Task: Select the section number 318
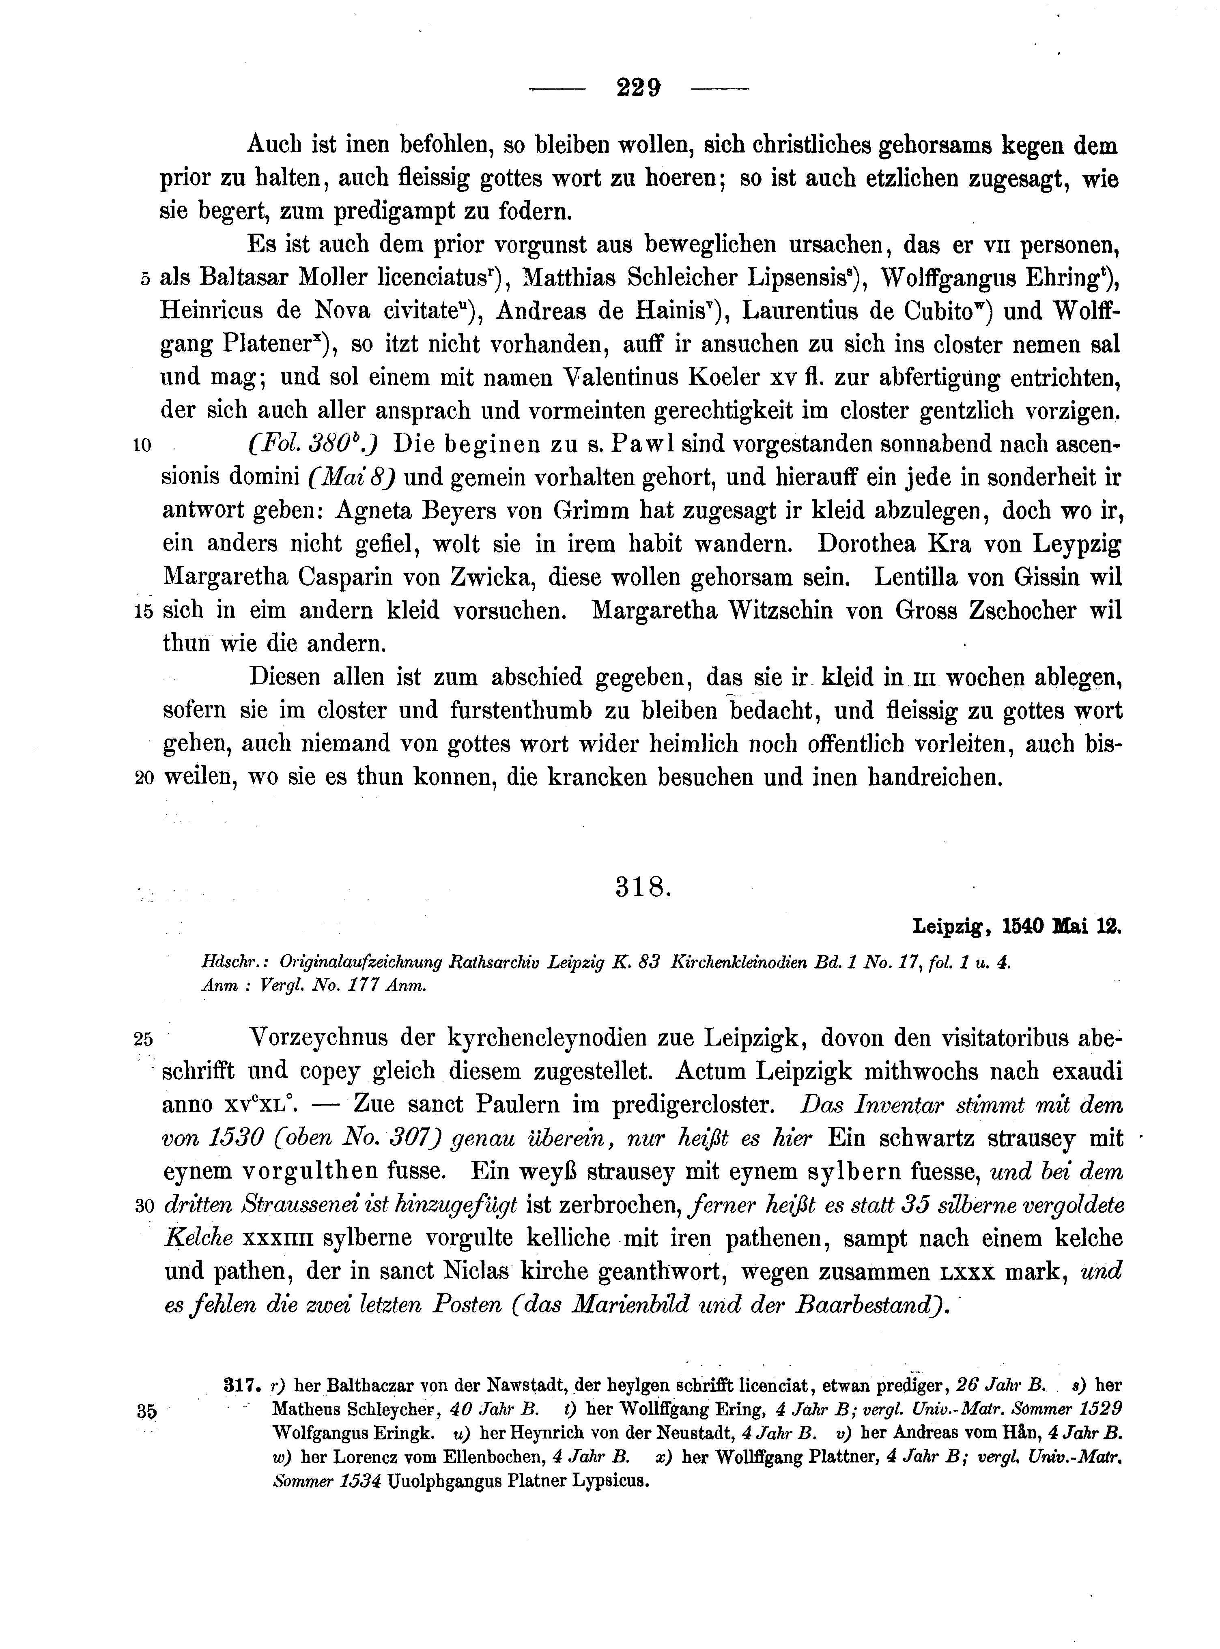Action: coord(643,888)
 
